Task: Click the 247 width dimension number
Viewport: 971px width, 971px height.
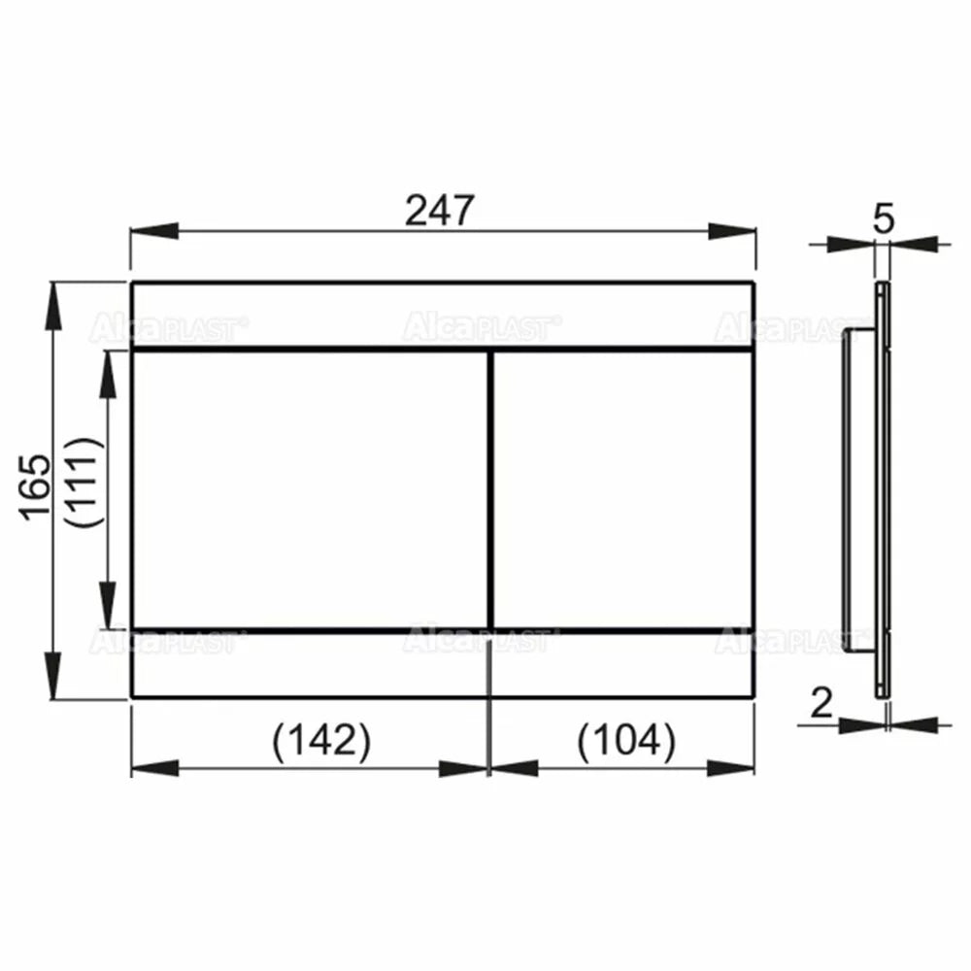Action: tap(440, 210)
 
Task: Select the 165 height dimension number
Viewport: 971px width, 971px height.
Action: tap(35, 487)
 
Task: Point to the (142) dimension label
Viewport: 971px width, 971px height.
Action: tap(321, 740)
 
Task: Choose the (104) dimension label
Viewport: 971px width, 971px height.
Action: tap(626, 740)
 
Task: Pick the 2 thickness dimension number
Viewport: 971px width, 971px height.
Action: tap(821, 702)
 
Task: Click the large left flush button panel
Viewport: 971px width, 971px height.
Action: tap(311, 489)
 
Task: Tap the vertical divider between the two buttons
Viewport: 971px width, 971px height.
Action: tap(491, 489)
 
